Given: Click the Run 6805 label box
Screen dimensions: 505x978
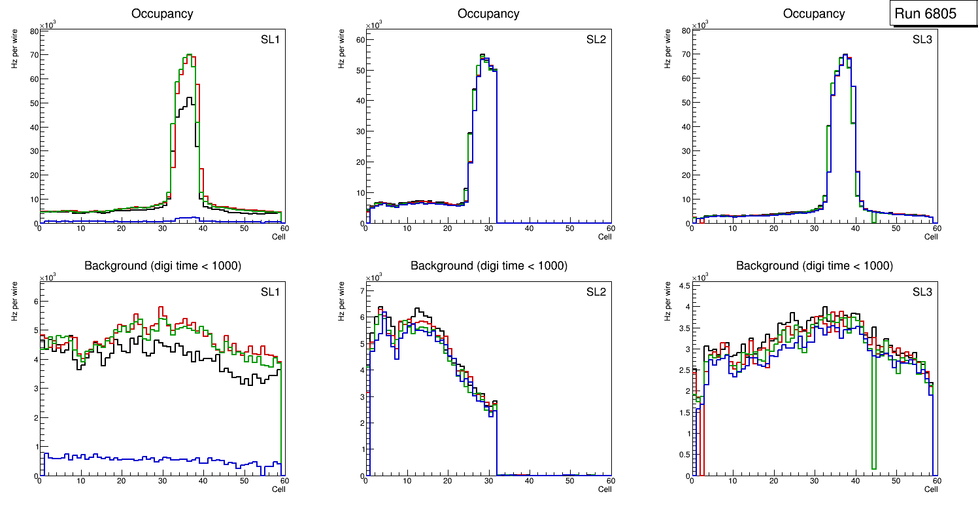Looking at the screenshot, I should [x=929, y=14].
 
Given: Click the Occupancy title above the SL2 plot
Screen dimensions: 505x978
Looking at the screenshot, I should [x=488, y=14].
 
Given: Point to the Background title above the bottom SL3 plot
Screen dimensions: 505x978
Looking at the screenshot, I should [x=814, y=266].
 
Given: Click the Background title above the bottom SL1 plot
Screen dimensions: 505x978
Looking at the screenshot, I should [x=162, y=266].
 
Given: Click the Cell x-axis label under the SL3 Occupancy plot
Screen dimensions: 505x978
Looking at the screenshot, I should [x=930, y=237].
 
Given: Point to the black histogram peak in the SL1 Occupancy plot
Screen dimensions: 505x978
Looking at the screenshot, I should [x=190, y=99].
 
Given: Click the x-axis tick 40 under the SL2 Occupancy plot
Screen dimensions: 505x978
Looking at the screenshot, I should [x=529, y=228].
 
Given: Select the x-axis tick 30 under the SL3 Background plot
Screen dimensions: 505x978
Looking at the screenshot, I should [x=814, y=481].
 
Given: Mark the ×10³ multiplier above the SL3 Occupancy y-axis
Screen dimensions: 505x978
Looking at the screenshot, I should [x=700, y=25].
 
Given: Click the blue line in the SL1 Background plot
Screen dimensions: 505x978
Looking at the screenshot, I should [x=131, y=459].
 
